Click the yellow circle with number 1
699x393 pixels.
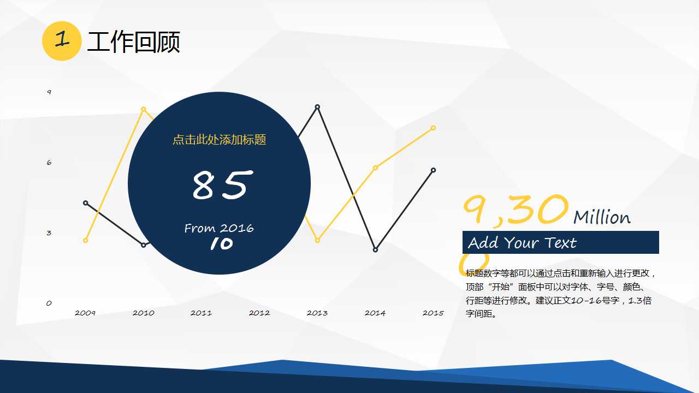[62, 41]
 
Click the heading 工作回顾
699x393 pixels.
[133, 43]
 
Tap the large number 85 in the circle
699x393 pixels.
[220, 184]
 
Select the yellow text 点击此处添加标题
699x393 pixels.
[219, 140]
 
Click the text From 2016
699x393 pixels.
[219, 228]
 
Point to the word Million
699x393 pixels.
[602, 217]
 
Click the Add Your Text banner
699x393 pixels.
[560, 242]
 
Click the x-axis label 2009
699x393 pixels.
[85, 313]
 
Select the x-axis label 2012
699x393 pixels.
[259, 313]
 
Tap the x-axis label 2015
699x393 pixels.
[433, 313]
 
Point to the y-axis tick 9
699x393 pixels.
[49, 92]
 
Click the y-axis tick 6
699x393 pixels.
[49, 163]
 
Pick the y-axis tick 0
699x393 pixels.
[49, 303]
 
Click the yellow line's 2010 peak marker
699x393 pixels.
[144, 109]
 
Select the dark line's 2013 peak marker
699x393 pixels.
[317, 107]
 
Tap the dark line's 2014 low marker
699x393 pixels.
[375, 250]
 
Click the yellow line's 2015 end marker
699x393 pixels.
[433, 128]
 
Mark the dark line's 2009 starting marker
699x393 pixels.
[86, 203]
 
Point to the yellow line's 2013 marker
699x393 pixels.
[317, 241]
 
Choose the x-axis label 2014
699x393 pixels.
[375, 313]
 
